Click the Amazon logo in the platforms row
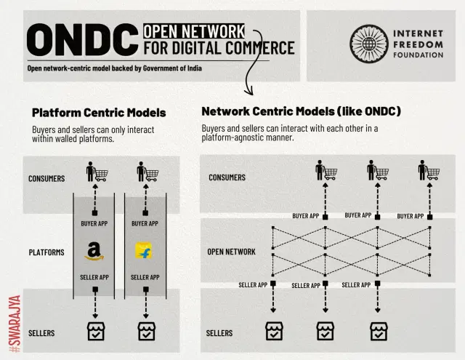(x=94, y=252)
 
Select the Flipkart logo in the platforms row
(x=144, y=252)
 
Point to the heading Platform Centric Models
(x=99, y=113)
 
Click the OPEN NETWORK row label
(x=231, y=252)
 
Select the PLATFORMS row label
(x=46, y=252)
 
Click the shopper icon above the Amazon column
(x=96, y=175)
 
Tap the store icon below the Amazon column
(x=96, y=331)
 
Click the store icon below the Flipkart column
(x=147, y=331)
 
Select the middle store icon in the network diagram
(x=325, y=331)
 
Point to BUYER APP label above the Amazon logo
(x=94, y=223)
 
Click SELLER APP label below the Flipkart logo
(x=145, y=277)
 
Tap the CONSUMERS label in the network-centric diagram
(x=227, y=177)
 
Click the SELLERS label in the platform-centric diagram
(x=41, y=333)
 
